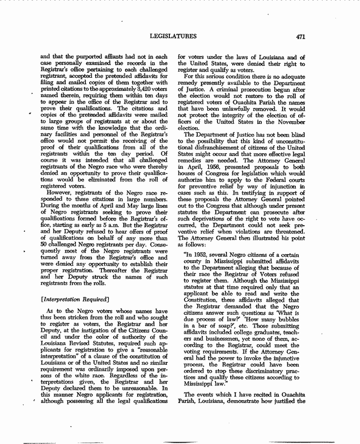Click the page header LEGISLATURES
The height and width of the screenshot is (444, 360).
point(173,36)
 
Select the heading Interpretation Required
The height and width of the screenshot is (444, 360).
point(75,299)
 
